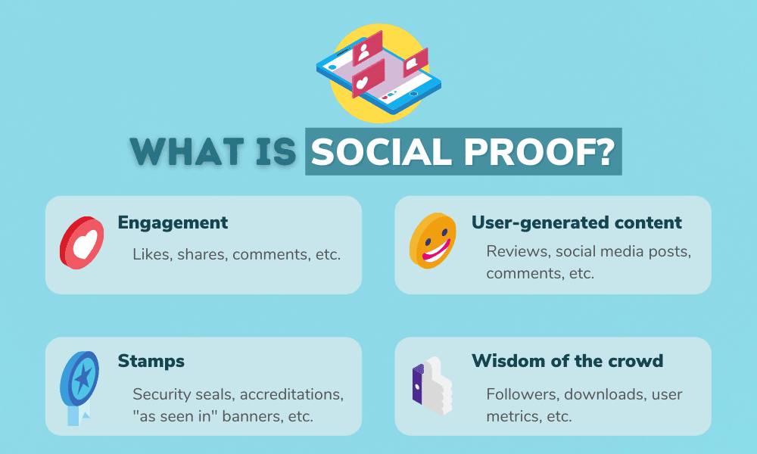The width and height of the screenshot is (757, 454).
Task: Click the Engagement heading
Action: pos(173,222)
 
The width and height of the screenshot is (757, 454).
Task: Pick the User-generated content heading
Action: pos(577,222)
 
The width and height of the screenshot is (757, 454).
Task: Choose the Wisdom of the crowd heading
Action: pos(569,361)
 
